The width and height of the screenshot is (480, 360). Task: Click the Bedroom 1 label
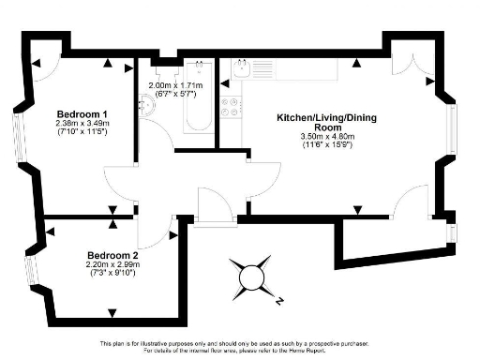81,113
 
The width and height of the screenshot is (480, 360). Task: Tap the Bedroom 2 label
112,255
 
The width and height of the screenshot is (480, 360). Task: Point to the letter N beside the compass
279,302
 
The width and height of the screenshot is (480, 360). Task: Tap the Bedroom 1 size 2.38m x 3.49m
82,123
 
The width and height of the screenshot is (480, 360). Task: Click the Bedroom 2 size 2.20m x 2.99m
113,264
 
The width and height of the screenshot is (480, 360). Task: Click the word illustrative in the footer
180,342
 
